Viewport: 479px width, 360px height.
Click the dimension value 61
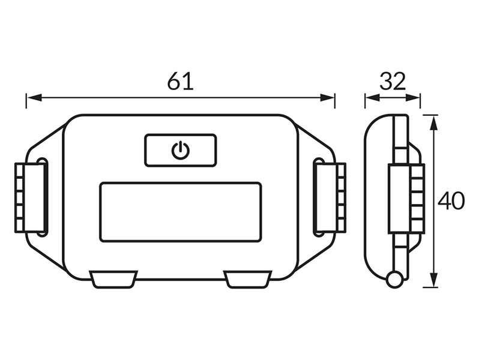tap(181, 81)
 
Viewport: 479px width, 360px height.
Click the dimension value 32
tap(393, 81)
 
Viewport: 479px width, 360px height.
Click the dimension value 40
tap(451, 201)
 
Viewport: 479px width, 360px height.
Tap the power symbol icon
tap(181, 150)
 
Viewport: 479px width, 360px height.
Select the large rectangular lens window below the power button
tap(181, 212)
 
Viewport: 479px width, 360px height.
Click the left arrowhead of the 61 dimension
tap(34, 98)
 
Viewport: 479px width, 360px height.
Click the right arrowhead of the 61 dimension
tap(327, 98)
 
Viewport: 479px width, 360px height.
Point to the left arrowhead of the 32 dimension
tap(372, 98)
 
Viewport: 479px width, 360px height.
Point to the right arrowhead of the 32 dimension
tap(413, 98)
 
